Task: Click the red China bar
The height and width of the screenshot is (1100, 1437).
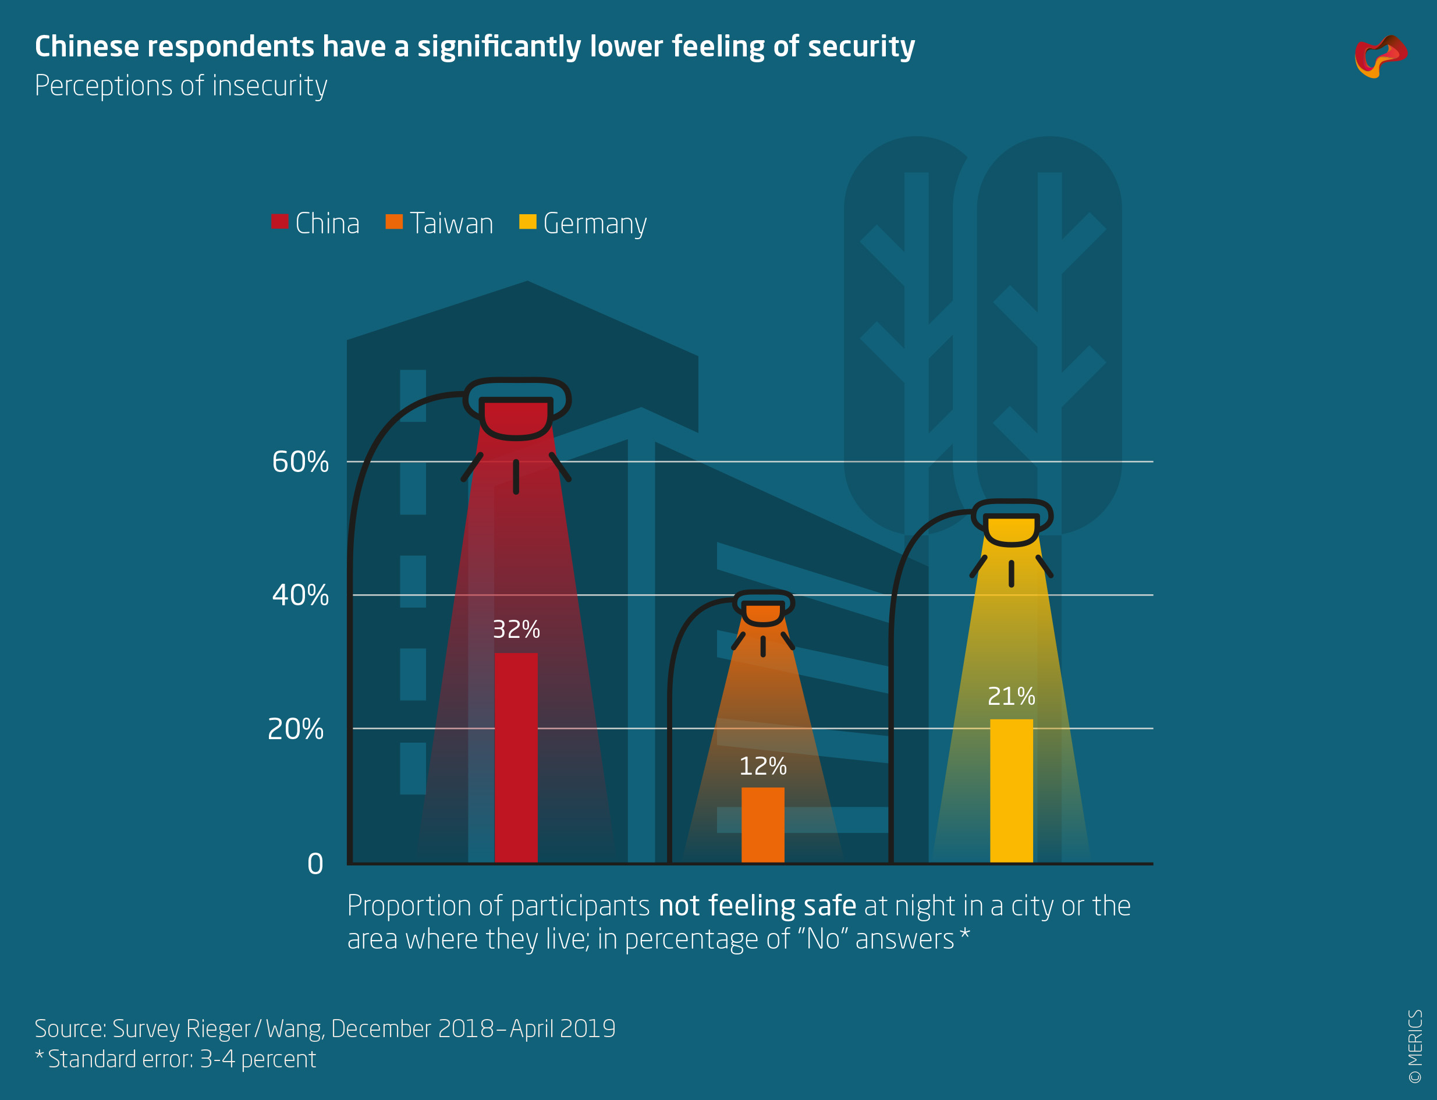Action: pos(515,758)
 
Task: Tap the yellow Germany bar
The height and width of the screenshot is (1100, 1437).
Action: pos(1011,790)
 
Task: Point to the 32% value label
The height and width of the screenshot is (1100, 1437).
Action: pos(516,630)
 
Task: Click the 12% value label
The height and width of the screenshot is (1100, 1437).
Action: pos(762,767)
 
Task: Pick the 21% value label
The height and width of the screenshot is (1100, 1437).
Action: pos(1011,696)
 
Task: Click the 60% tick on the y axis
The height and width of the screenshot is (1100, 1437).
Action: pos(300,462)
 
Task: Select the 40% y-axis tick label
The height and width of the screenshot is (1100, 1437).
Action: pos(300,595)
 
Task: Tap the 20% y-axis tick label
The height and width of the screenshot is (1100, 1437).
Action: pos(295,729)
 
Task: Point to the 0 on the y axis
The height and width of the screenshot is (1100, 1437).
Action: pos(315,864)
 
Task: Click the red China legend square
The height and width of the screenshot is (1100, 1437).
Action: pos(279,222)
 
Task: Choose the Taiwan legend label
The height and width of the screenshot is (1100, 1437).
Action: pos(451,224)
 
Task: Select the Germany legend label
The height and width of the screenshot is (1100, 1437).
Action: pos(594,224)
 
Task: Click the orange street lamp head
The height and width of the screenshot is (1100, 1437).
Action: pos(762,609)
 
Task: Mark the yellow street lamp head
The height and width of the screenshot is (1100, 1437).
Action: pos(1012,524)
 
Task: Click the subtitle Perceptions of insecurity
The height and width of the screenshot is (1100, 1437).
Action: pos(180,86)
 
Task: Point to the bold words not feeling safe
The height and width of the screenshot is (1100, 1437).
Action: pos(757,906)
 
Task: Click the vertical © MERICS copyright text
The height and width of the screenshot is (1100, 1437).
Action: pos(1415,1046)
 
